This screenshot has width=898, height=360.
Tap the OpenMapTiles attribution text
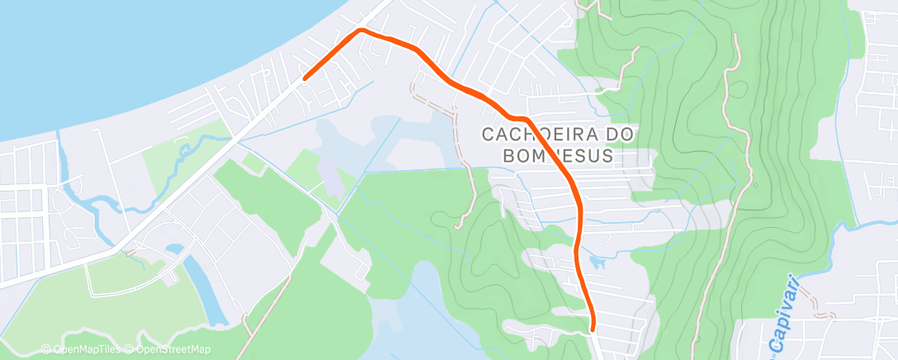[x=83, y=350]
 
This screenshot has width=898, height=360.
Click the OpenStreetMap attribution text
[x=168, y=350]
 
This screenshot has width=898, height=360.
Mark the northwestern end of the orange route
[x=305, y=78]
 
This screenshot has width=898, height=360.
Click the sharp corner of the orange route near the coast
[x=360, y=31]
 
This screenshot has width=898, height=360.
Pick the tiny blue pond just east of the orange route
[x=598, y=264]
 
